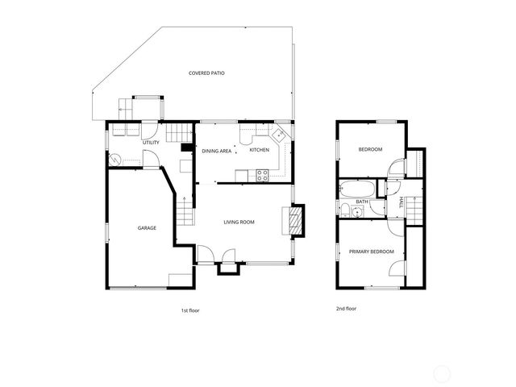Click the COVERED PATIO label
206,73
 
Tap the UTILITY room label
151,143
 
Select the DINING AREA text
217,151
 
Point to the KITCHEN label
259,151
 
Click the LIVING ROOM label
239,222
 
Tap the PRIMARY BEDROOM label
372,252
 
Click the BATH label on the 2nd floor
363,202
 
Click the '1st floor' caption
189,310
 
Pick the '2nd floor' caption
346,308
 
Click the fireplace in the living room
295,221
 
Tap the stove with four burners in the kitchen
263,176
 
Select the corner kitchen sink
280,135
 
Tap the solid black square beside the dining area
185,148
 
